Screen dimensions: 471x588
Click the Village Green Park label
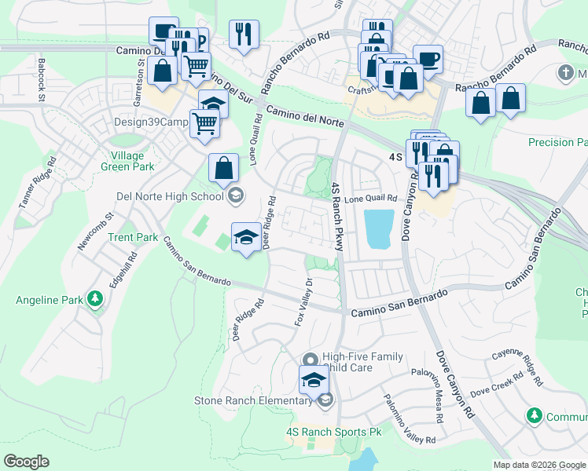[127, 160]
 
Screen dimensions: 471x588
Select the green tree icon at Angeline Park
[94, 299]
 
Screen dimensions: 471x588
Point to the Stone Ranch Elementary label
[253, 401]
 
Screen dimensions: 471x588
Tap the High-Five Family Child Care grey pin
[311, 358]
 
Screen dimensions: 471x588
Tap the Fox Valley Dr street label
[303, 302]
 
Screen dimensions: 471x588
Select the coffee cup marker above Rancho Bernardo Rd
[428, 58]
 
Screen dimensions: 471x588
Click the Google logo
[27, 462]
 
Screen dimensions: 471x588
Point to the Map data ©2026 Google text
[538, 465]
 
